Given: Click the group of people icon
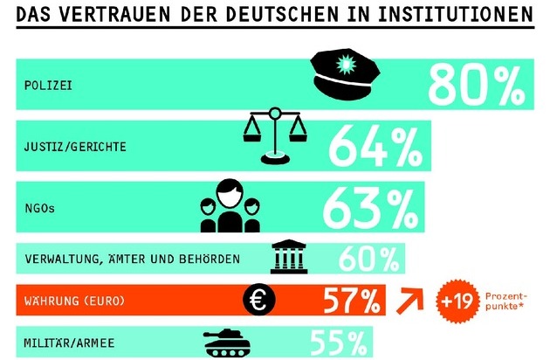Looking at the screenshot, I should pyautogui.click(x=230, y=206).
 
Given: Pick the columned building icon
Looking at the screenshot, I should pyautogui.click(x=289, y=258).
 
